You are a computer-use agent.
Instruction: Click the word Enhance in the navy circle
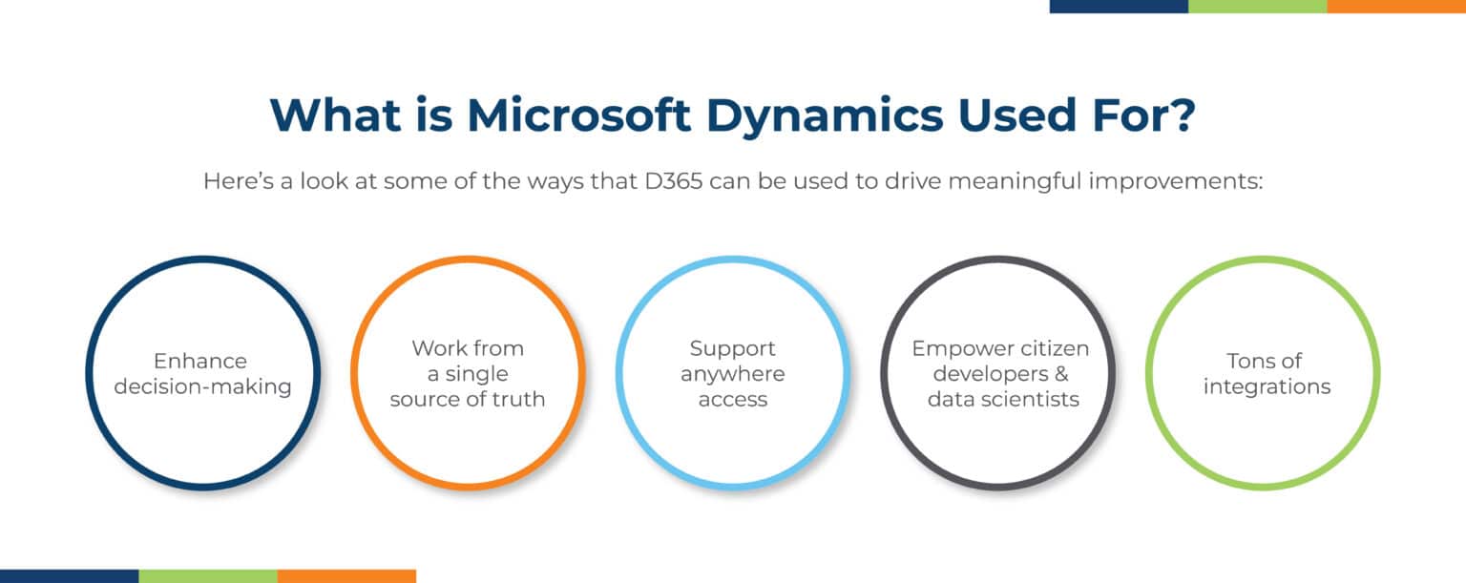coord(200,361)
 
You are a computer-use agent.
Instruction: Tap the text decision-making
coord(202,386)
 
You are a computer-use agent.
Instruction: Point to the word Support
coord(733,348)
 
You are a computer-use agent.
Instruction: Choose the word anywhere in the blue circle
coord(733,373)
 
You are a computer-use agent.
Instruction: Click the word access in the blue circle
coord(733,399)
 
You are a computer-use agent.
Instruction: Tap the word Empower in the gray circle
coord(954,348)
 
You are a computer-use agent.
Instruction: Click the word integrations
coord(1267,386)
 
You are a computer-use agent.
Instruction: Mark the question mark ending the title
coord(1180,115)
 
